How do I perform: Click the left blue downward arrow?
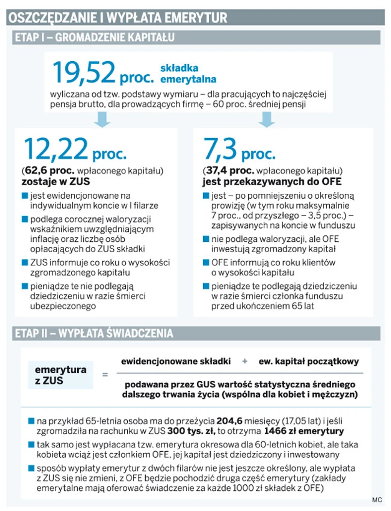tap(102, 119)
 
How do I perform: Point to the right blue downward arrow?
tap(266, 119)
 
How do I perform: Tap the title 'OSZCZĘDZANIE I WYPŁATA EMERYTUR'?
tap(117, 18)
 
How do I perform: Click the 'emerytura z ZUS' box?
tap(61, 375)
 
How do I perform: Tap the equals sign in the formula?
tap(104, 375)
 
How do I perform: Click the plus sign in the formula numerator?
tap(244, 361)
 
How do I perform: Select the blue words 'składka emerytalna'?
tap(187, 73)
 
